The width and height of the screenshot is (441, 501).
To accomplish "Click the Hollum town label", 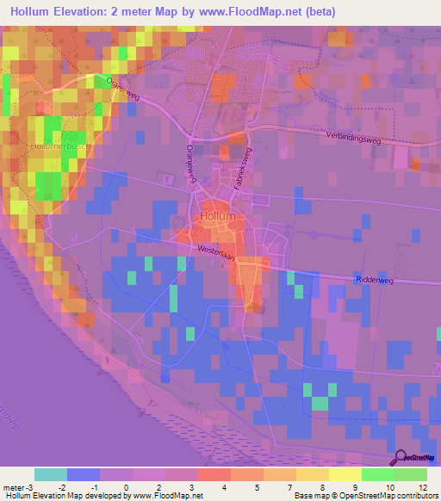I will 217,217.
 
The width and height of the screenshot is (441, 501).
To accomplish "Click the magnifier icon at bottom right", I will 401,459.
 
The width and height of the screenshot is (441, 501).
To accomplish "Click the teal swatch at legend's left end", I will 51,474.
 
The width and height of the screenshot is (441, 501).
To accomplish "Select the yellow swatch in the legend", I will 345,474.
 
